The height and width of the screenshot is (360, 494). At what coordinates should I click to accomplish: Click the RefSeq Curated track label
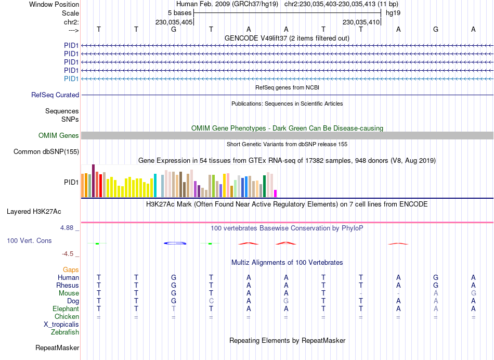(x=55, y=95)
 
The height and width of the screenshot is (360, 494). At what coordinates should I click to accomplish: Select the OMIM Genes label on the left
(x=59, y=136)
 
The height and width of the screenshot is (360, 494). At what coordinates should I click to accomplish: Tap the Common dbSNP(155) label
(x=46, y=152)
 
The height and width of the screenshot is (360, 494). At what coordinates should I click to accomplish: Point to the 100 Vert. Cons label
(x=29, y=241)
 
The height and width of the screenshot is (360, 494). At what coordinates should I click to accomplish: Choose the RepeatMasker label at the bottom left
(x=57, y=348)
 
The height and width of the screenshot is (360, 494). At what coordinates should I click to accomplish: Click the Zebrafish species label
(x=65, y=332)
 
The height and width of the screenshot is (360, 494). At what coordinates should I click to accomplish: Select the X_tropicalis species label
(x=61, y=324)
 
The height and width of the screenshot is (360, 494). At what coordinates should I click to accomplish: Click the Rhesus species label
(x=68, y=285)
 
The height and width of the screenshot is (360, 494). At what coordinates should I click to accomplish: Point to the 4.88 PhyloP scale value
(x=70, y=228)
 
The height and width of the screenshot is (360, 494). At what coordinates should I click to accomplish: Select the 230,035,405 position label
(x=174, y=22)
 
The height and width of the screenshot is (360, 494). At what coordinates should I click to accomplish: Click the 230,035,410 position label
(x=361, y=22)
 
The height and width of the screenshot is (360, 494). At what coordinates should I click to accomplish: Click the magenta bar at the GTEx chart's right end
(x=276, y=194)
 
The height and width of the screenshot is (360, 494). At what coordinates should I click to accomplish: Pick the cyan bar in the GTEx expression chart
(x=155, y=186)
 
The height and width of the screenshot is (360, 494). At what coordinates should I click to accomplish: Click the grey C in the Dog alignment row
(x=211, y=301)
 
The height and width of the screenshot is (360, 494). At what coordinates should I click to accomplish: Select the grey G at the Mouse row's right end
(x=473, y=293)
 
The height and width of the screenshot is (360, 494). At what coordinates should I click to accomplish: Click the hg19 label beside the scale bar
(x=393, y=12)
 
